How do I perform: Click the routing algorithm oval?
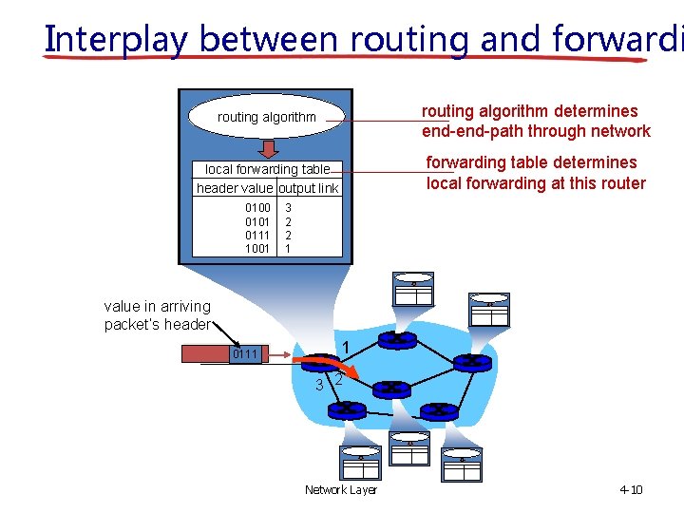[266, 117]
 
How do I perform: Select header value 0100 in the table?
[257, 207]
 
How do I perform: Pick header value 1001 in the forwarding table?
[257, 249]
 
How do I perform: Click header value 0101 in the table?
[257, 221]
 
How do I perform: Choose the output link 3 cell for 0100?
[289, 207]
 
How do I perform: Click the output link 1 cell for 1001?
[289, 249]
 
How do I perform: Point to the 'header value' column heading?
[235, 188]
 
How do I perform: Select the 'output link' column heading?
[309, 188]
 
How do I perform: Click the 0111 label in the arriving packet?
[245, 354]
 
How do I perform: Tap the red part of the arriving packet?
[205, 354]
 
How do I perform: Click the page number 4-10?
[631, 490]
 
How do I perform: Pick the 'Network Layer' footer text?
[340, 490]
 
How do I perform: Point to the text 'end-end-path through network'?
[536, 132]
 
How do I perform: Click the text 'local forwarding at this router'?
[536, 183]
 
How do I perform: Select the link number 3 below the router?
[320, 385]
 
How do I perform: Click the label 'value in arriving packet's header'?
[158, 315]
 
